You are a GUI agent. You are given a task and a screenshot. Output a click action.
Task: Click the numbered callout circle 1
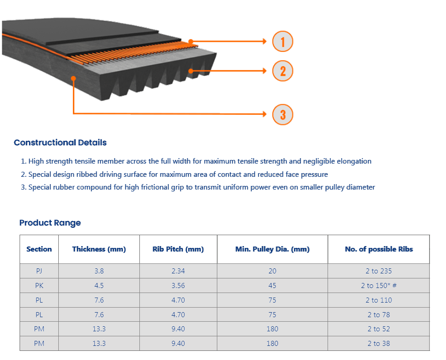[x=282, y=41]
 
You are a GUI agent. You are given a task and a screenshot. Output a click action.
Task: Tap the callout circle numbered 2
[x=282, y=71]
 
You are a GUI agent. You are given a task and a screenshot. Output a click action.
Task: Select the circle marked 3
[x=282, y=114]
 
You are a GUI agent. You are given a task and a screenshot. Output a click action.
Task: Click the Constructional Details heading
[x=60, y=142]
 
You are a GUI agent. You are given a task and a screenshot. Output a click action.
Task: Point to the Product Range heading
[x=50, y=222]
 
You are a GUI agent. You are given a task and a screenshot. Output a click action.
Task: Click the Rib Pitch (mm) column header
[x=178, y=249]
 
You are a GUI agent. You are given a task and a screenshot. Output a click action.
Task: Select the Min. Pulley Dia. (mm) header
[x=272, y=249]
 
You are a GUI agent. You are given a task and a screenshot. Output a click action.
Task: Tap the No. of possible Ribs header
[x=379, y=249]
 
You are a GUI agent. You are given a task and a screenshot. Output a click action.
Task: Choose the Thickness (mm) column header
[x=99, y=249]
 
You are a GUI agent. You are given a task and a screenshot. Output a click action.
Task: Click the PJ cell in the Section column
[x=39, y=271]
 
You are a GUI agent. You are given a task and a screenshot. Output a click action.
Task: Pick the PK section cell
[x=39, y=285]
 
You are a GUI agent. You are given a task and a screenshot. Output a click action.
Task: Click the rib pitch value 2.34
[x=178, y=271]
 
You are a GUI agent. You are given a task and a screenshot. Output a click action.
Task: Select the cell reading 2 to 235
[x=379, y=271]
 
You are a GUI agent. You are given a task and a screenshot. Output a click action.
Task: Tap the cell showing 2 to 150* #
[x=379, y=285]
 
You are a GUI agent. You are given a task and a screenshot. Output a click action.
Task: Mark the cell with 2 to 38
[x=379, y=344]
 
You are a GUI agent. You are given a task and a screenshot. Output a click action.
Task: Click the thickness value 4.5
[x=99, y=285]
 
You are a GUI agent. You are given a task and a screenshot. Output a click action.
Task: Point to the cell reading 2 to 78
[x=379, y=315]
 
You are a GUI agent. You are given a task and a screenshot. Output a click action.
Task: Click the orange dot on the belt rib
[x=191, y=71]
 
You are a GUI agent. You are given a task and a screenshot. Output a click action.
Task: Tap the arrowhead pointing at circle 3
[x=265, y=114]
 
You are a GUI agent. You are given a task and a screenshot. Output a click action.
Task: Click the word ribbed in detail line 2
[x=87, y=174]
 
